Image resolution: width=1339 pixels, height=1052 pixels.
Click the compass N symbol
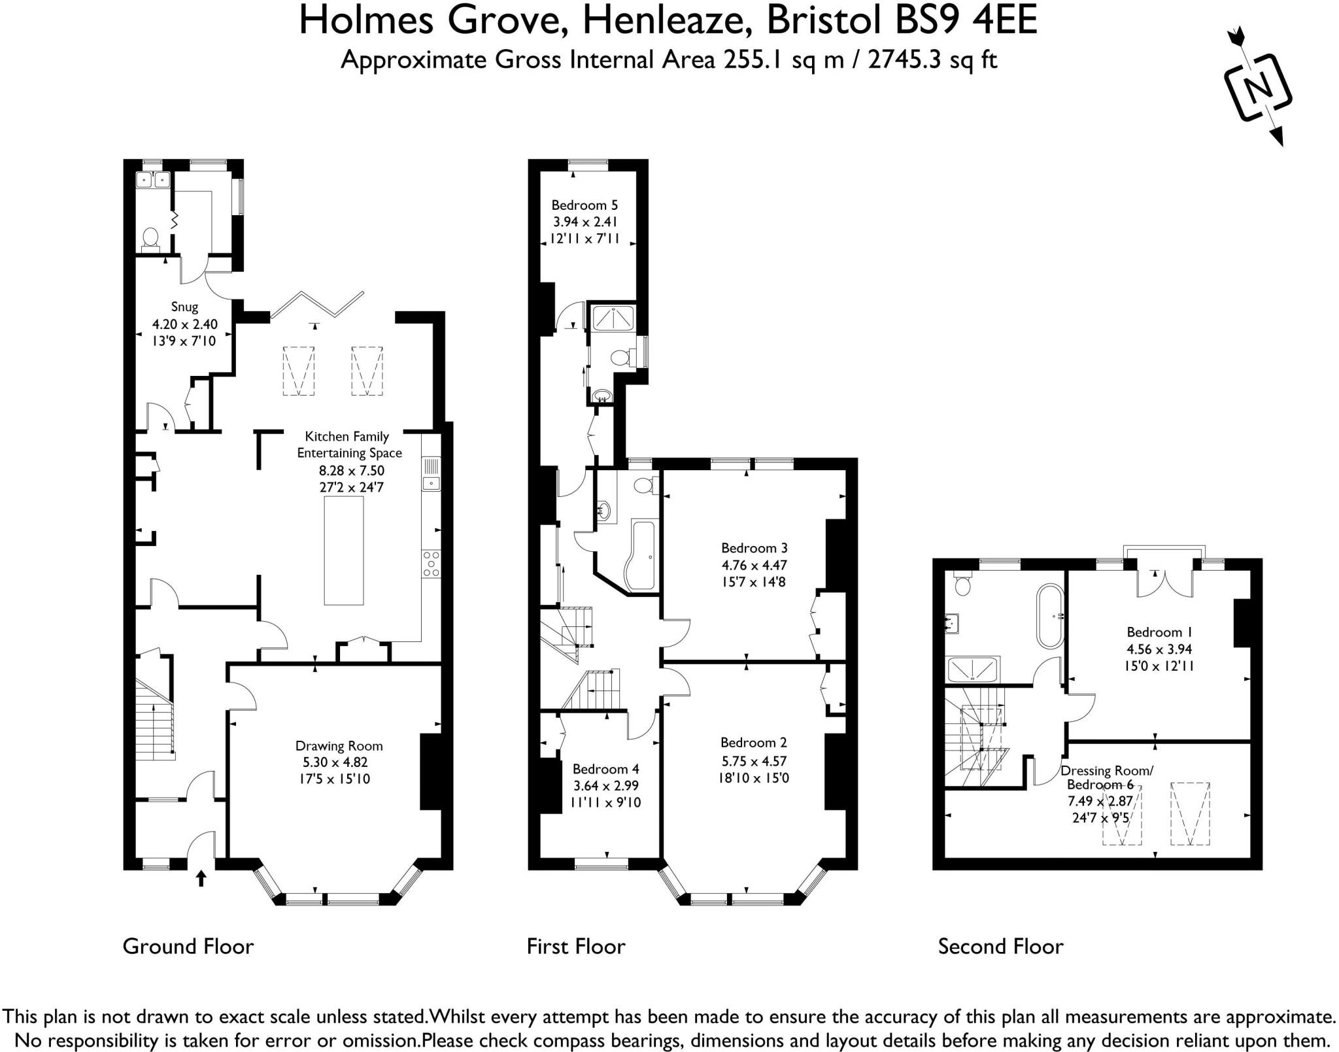coord(1257,87)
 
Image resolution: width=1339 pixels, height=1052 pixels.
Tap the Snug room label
coord(184,307)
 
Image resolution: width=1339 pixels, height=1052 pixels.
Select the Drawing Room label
coord(339,746)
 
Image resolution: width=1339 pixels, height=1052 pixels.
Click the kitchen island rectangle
coord(344,551)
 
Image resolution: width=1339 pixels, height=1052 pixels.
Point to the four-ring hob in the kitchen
coord(431,564)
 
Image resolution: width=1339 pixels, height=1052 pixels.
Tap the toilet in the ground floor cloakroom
coord(151,237)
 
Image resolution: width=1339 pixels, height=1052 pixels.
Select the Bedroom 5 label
coord(584,205)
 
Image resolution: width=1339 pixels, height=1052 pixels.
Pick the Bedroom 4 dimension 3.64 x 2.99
coord(605,786)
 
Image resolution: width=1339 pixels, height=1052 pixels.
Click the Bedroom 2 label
coord(753,743)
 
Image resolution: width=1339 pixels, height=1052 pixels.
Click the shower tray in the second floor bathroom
coord(972,669)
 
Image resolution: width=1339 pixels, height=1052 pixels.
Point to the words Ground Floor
coord(188,947)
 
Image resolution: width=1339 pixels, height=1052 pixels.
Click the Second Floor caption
coord(1000,947)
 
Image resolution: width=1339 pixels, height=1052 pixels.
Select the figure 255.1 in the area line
coord(753,60)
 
